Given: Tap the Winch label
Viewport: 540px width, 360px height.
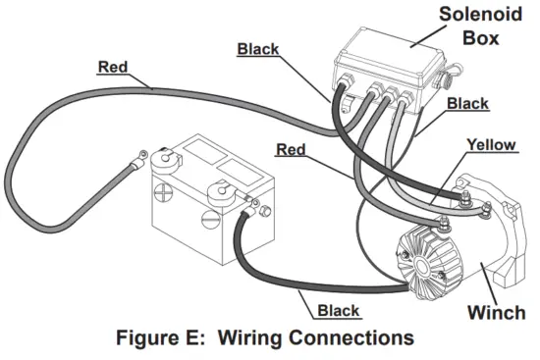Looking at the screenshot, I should (497, 313).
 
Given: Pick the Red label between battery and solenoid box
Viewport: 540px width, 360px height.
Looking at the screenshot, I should (292, 150).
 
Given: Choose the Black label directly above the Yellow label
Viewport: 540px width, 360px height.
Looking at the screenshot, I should (467, 102).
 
